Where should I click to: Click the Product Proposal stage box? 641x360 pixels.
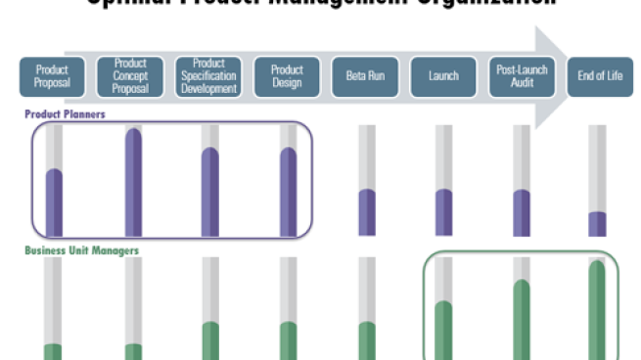(x=53, y=76)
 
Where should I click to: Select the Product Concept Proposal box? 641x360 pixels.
(x=130, y=76)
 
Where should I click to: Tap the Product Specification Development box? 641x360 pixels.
(x=208, y=76)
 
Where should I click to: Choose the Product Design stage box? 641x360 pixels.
(x=287, y=76)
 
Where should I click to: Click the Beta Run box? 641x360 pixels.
(x=365, y=76)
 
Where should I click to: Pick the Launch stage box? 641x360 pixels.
(x=443, y=76)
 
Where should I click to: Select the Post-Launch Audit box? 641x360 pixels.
(x=522, y=76)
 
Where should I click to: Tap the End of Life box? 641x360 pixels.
(x=600, y=76)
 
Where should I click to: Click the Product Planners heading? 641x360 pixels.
(x=65, y=114)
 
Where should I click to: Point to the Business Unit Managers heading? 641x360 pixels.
(x=81, y=251)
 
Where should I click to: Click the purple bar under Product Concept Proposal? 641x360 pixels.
(x=132, y=183)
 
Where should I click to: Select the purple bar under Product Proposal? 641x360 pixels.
(x=54, y=202)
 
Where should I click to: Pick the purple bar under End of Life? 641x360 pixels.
(x=597, y=224)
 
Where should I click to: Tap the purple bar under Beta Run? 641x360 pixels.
(x=366, y=212)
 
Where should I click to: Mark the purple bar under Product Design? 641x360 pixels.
(x=288, y=192)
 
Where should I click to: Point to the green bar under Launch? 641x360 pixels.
(x=443, y=331)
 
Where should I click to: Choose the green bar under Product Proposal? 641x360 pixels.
(x=53, y=351)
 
